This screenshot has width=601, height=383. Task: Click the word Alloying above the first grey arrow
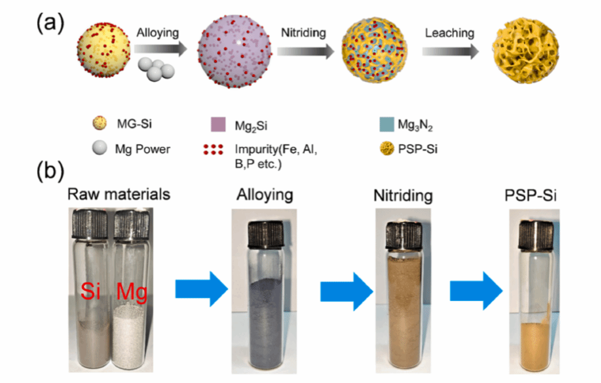pos(158,34)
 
